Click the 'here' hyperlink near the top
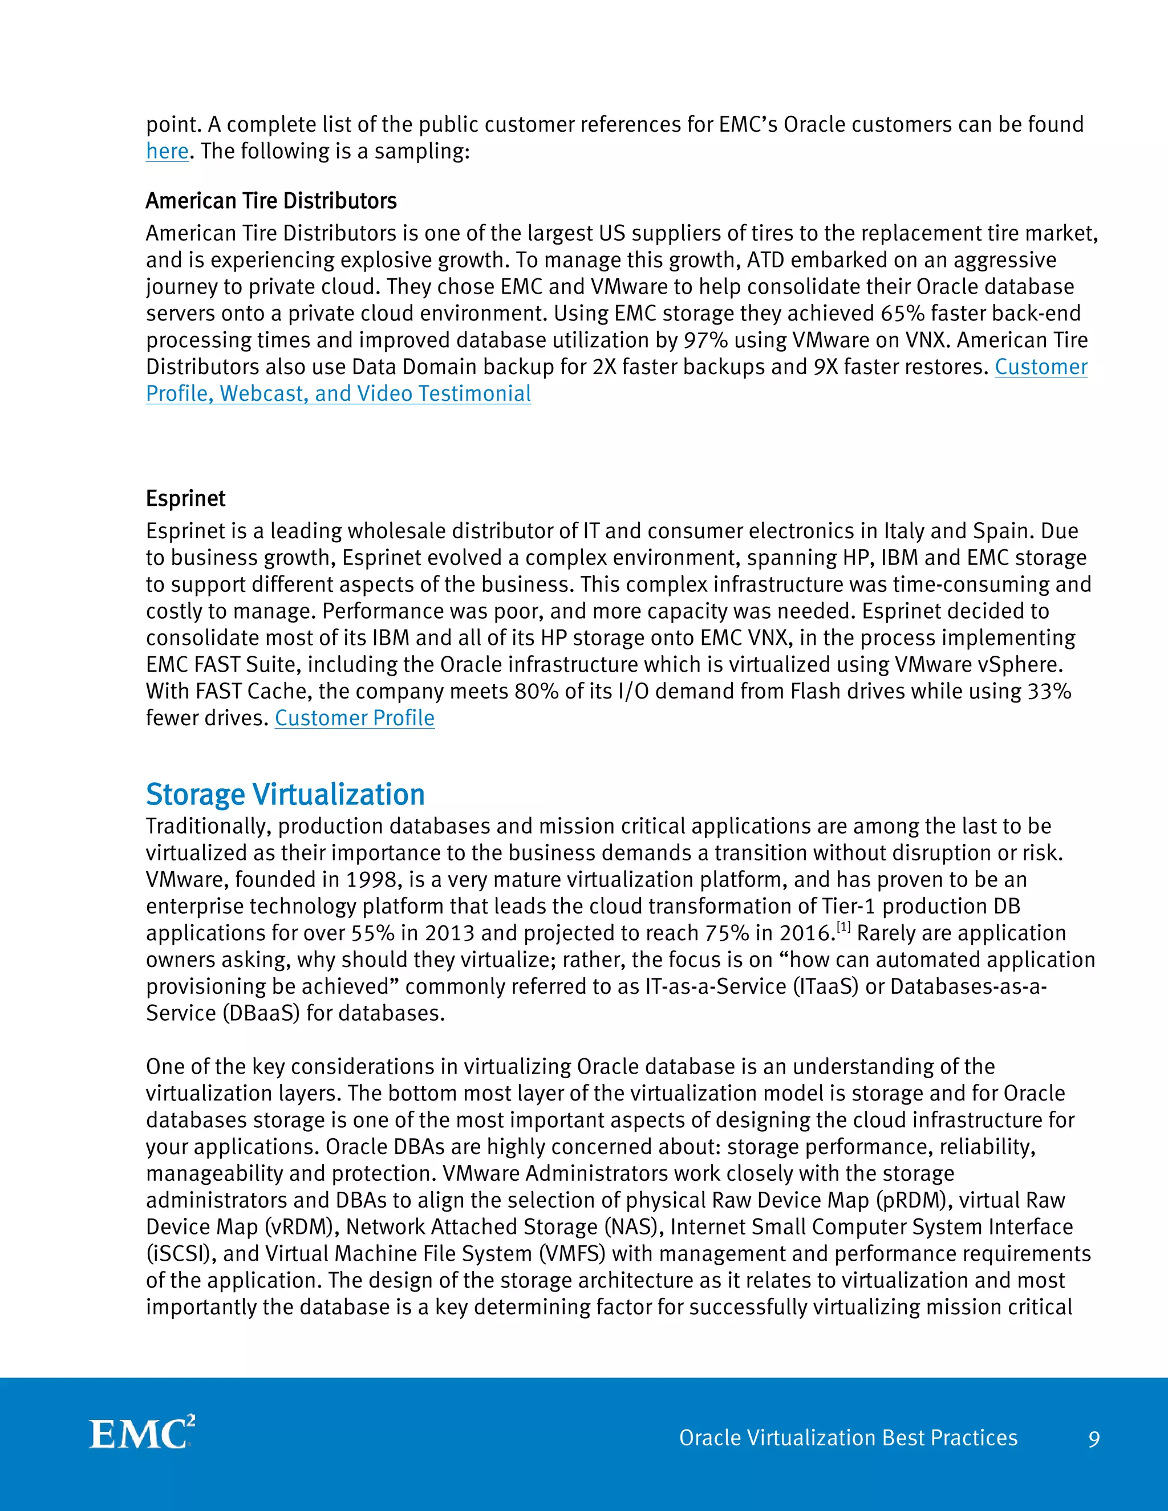coord(167,152)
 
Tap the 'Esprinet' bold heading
coord(185,499)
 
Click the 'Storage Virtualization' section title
coord(285,794)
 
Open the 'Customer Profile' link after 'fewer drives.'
coord(354,718)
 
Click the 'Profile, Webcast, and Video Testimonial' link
coord(338,393)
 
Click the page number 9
coord(1094,1440)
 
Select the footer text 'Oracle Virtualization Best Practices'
coord(848,1437)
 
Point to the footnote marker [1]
coord(843,927)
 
